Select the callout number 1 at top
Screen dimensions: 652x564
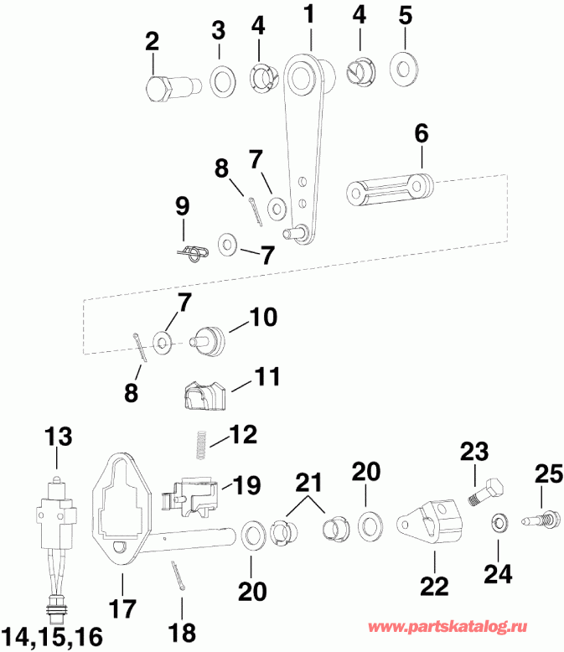(309, 14)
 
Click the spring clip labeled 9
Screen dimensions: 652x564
(193, 251)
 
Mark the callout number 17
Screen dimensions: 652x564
(123, 607)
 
